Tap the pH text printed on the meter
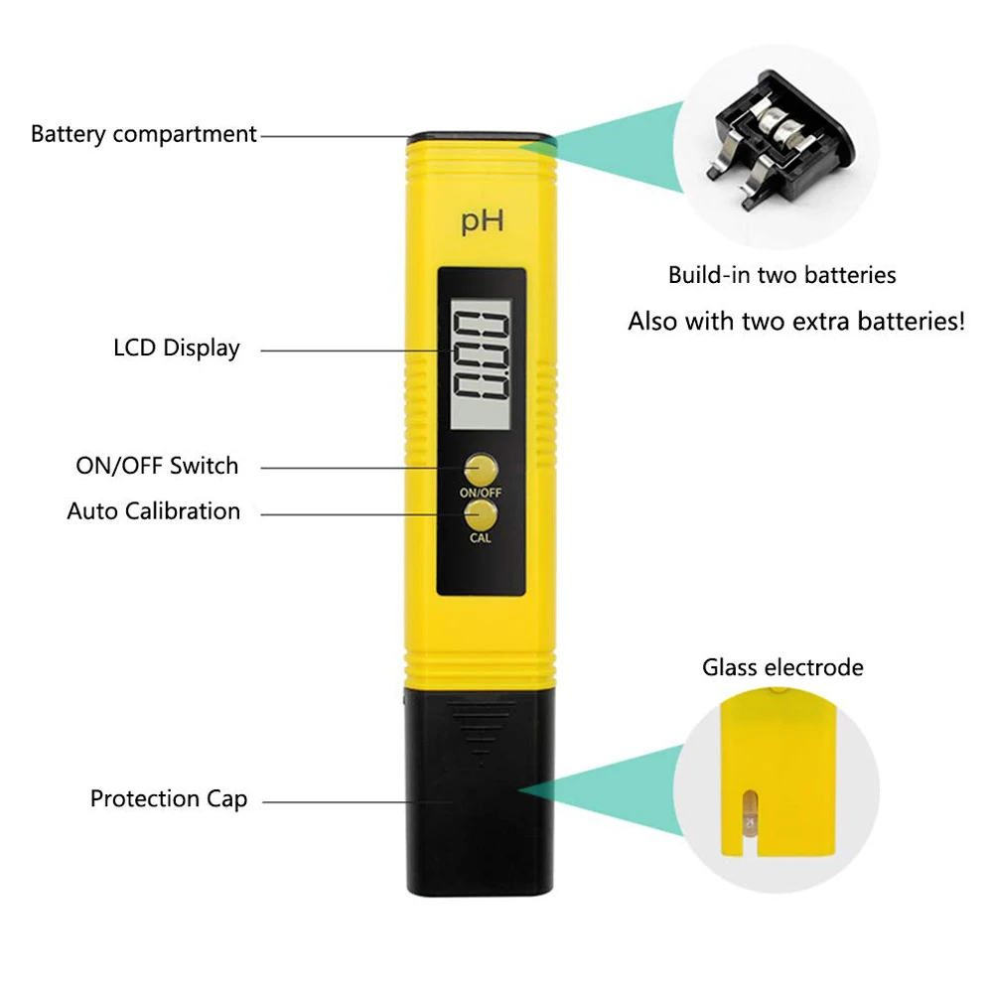pyautogui.click(x=482, y=221)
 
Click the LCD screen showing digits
pyautogui.click(x=482, y=353)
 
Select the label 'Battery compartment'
pyautogui.click(x=144, y=134)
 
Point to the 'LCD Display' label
pyautogui.click(x=177, y=349)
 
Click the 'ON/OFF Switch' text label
pyautogui.click(x=157, y=466)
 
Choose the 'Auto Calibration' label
pyautogui.click(x=154, y=511)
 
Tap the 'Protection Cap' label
pyautogui.click(x=169, y=799)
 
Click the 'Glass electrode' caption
pyautogui.click(x=782, y=667)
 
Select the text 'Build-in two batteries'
pyautogui.click(x=781, y=275)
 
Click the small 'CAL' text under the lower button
pyautogui.click(x=481, y=539)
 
